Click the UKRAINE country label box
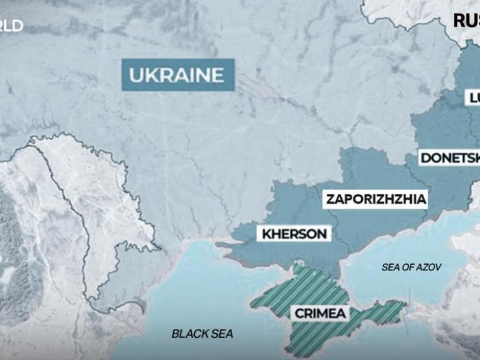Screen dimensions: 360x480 (x=176, y=75)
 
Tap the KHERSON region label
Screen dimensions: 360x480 (x=295, y=234)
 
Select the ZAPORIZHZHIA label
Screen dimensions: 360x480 (x=376, y=199)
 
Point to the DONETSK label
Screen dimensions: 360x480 (x=450, y=158)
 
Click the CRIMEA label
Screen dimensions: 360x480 (x=320, y=314)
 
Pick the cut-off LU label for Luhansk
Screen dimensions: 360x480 (x=473, y=99)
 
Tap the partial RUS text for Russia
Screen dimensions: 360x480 (x=466, y=20)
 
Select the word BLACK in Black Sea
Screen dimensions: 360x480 (x=188, y=334)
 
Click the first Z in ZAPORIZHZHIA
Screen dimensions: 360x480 (x=331, y=199)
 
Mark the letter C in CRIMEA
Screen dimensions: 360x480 (x=300, y=314)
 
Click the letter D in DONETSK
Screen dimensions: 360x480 (x=426, y=158)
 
